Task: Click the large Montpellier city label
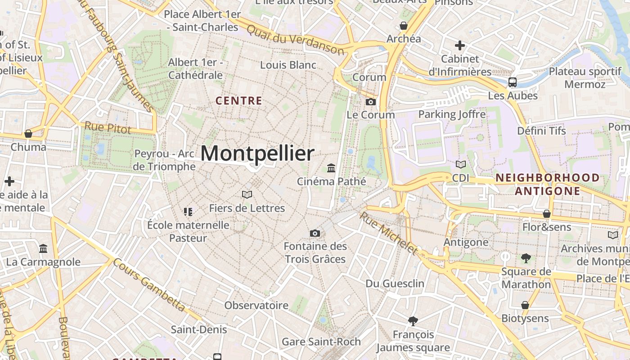(257, 153)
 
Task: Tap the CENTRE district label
(238, 101)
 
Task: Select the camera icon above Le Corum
(371, 102)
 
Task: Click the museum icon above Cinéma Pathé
(332, 168)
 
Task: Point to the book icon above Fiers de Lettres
(247, 194)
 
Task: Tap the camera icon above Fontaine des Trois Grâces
(315, 233)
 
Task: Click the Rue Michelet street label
(388, 233)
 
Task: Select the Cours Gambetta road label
(149, 284)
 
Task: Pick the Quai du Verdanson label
(296, 40)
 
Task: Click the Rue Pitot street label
(108, 127)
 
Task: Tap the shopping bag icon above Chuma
(28, 134)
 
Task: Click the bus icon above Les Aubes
(512, 82)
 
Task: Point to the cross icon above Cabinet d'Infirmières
(459, 45)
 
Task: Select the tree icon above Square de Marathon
(526, 258)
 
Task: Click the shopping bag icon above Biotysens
(525, 305)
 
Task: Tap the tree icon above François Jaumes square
(413, 321)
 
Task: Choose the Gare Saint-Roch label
(321, 342)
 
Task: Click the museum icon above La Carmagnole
(43, 248)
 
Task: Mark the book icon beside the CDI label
(460, 165)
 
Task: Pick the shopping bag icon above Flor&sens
(547, 214)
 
